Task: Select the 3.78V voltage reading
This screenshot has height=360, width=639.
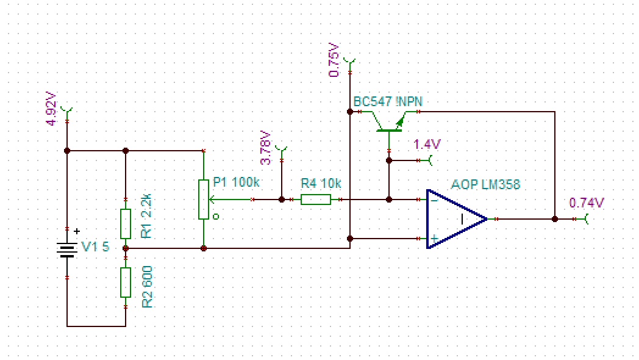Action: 266,148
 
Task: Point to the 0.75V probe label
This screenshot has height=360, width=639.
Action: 334,60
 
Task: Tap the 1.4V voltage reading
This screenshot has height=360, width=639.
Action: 427,145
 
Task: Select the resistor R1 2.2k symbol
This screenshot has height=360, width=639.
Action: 126,224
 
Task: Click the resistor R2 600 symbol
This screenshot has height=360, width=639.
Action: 126,282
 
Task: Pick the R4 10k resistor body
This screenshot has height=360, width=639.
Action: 316,200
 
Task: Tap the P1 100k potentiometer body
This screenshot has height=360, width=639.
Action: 204,200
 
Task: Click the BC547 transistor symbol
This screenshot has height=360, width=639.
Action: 389,122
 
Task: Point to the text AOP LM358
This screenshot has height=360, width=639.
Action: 486,184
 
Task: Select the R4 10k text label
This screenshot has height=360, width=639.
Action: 321,183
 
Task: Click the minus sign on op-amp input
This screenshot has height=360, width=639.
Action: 433,199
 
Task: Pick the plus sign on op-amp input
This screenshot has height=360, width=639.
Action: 433,238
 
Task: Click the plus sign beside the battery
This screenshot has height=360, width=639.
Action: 77,231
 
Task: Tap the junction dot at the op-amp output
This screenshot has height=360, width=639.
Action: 555,218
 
